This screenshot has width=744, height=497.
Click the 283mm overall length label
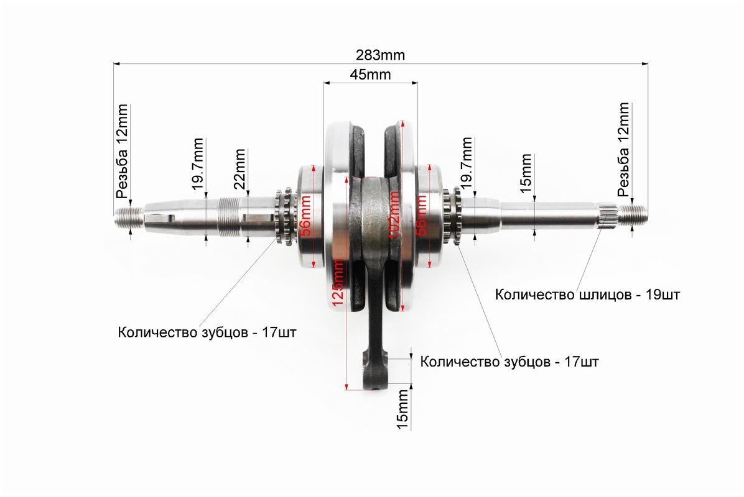[x=381, y=55]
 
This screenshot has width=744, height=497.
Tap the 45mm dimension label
[x=370, y=75]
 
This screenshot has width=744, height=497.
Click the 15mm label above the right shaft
[x=526, y=173]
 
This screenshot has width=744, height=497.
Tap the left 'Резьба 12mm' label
[x=122, y=151]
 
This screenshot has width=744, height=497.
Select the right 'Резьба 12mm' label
[x=623, y=149]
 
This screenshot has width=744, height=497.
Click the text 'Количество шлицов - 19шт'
[x=587, y=294]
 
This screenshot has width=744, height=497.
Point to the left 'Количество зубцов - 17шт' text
[x=207, y=332]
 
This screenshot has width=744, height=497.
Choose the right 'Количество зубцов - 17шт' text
[x=509, y=362]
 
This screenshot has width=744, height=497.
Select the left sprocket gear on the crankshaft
[x=283, y=216]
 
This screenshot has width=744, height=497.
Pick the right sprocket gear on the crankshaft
[x=452, y=216]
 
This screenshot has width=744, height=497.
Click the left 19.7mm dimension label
[x=198, y=163]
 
